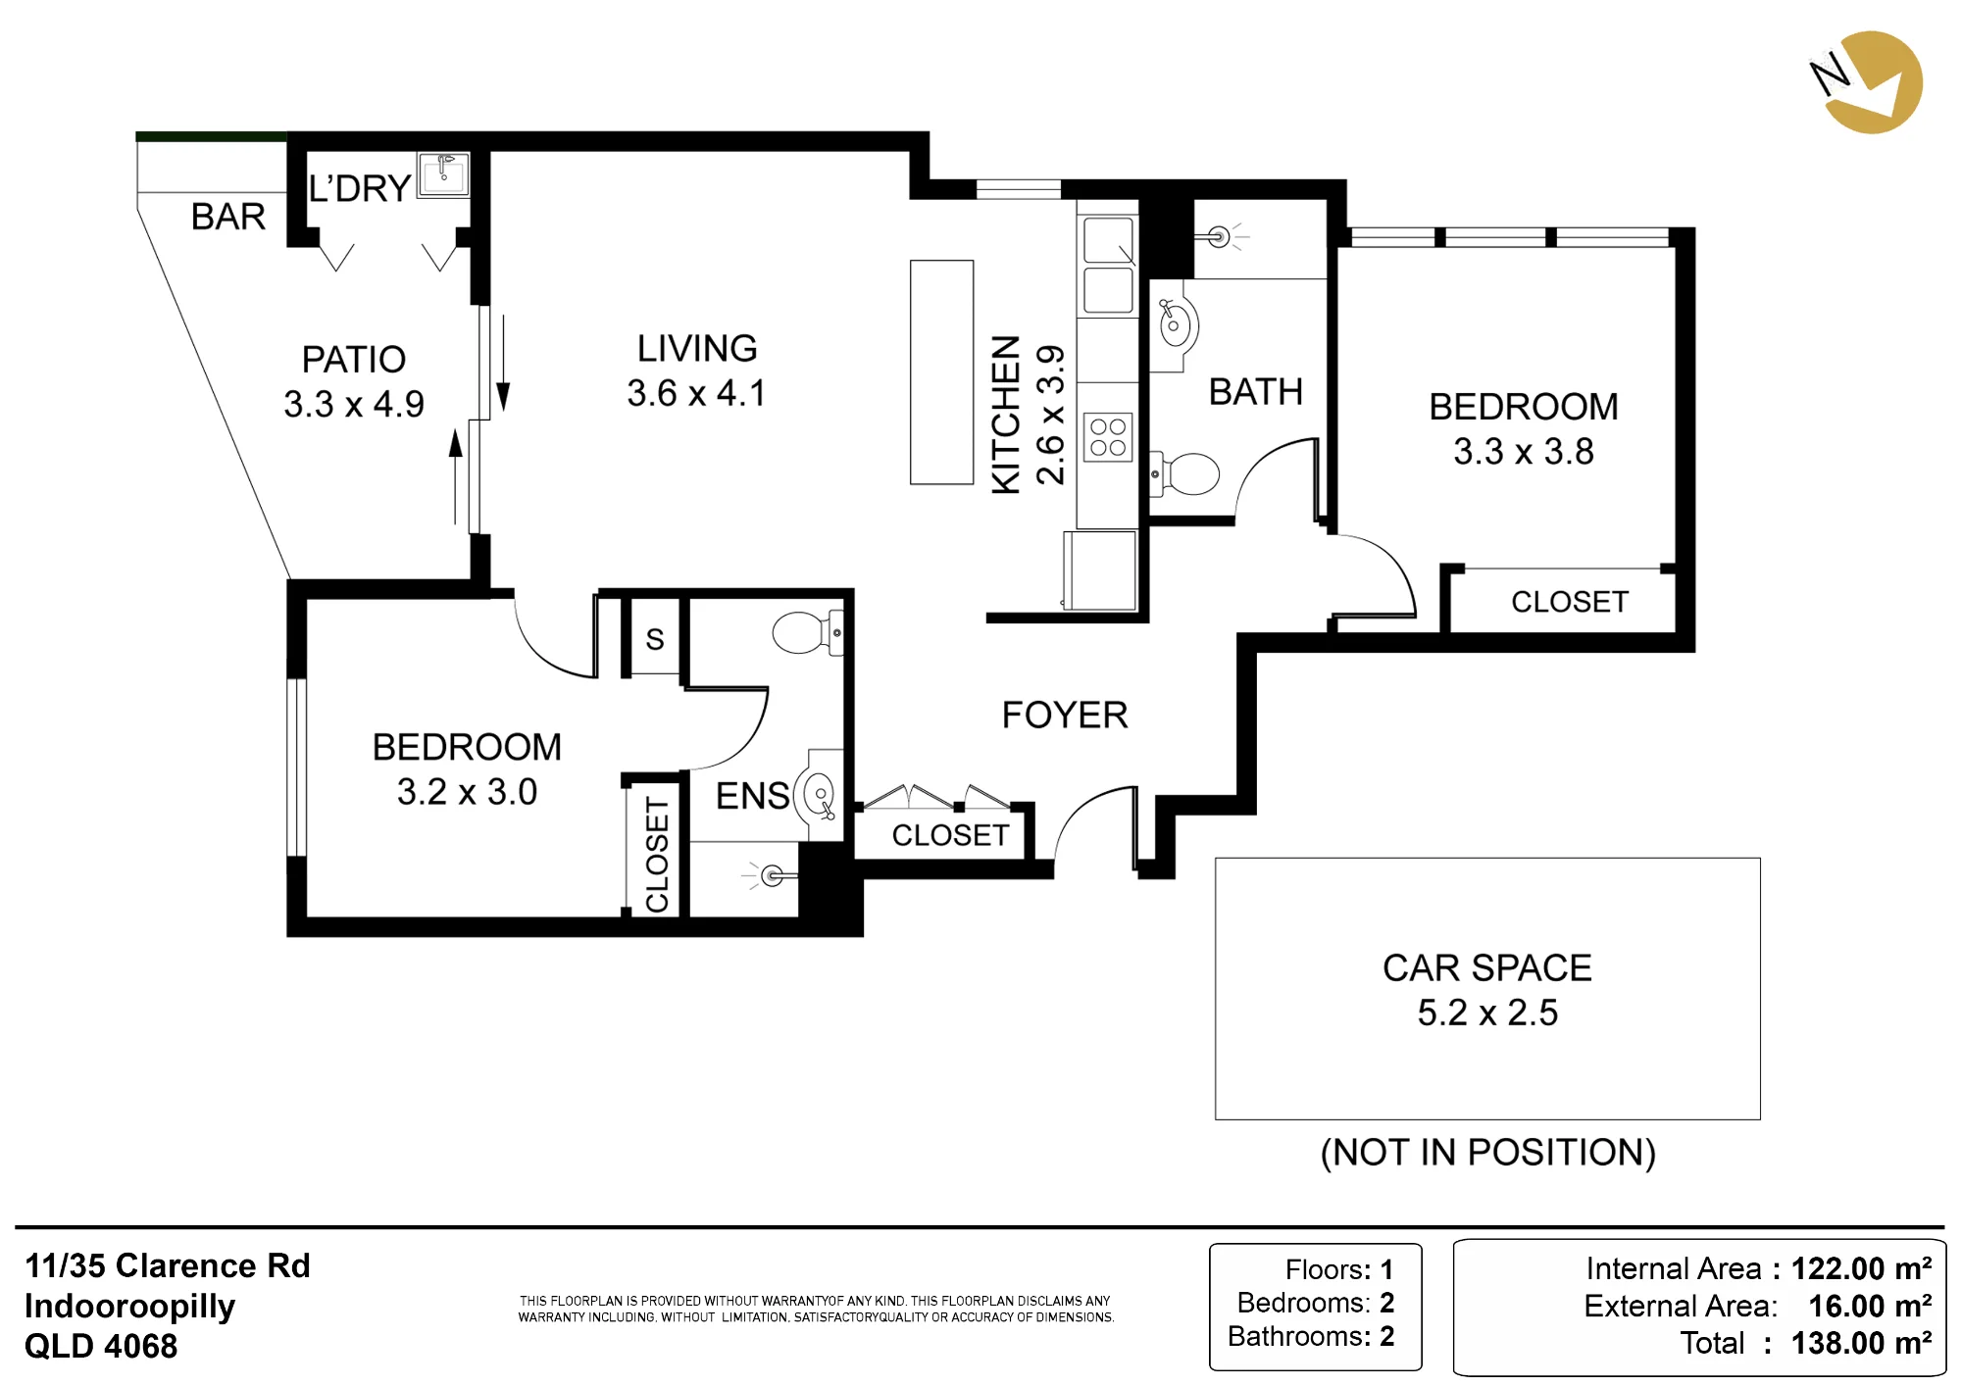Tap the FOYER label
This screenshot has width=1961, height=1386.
(x=1065, y=716)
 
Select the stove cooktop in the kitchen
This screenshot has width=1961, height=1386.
(x=1108, y=437)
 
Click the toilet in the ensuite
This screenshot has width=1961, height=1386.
(x=807, y=632)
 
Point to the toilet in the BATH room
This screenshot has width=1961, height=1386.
(x=1184, y=474)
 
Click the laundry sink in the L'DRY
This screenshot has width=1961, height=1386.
(x=444, y=174)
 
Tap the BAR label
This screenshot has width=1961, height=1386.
(x=228, y=217)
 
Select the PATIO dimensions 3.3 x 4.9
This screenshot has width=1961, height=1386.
(x=354, y=404)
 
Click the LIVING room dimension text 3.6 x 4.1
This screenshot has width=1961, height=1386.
(x=697, y=393)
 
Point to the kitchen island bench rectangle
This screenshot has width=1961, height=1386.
(x=941, y=372)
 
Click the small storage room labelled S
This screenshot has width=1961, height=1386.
(x=655, y=637)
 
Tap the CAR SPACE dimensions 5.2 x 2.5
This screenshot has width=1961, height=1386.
(x=1487, y=1013)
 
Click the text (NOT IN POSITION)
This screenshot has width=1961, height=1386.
(x=1488, y=1153)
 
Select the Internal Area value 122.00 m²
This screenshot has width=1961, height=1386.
(x=1861, y=1268)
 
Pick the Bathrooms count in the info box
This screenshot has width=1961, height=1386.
(x=1311, y=1336)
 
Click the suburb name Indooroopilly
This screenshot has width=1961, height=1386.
(x=129, y=1307)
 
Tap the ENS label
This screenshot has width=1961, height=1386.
(x=752, y=796)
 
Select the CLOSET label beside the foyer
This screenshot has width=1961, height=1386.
(x=950, y=835)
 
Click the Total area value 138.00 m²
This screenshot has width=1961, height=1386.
(x=1861, y=1343)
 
